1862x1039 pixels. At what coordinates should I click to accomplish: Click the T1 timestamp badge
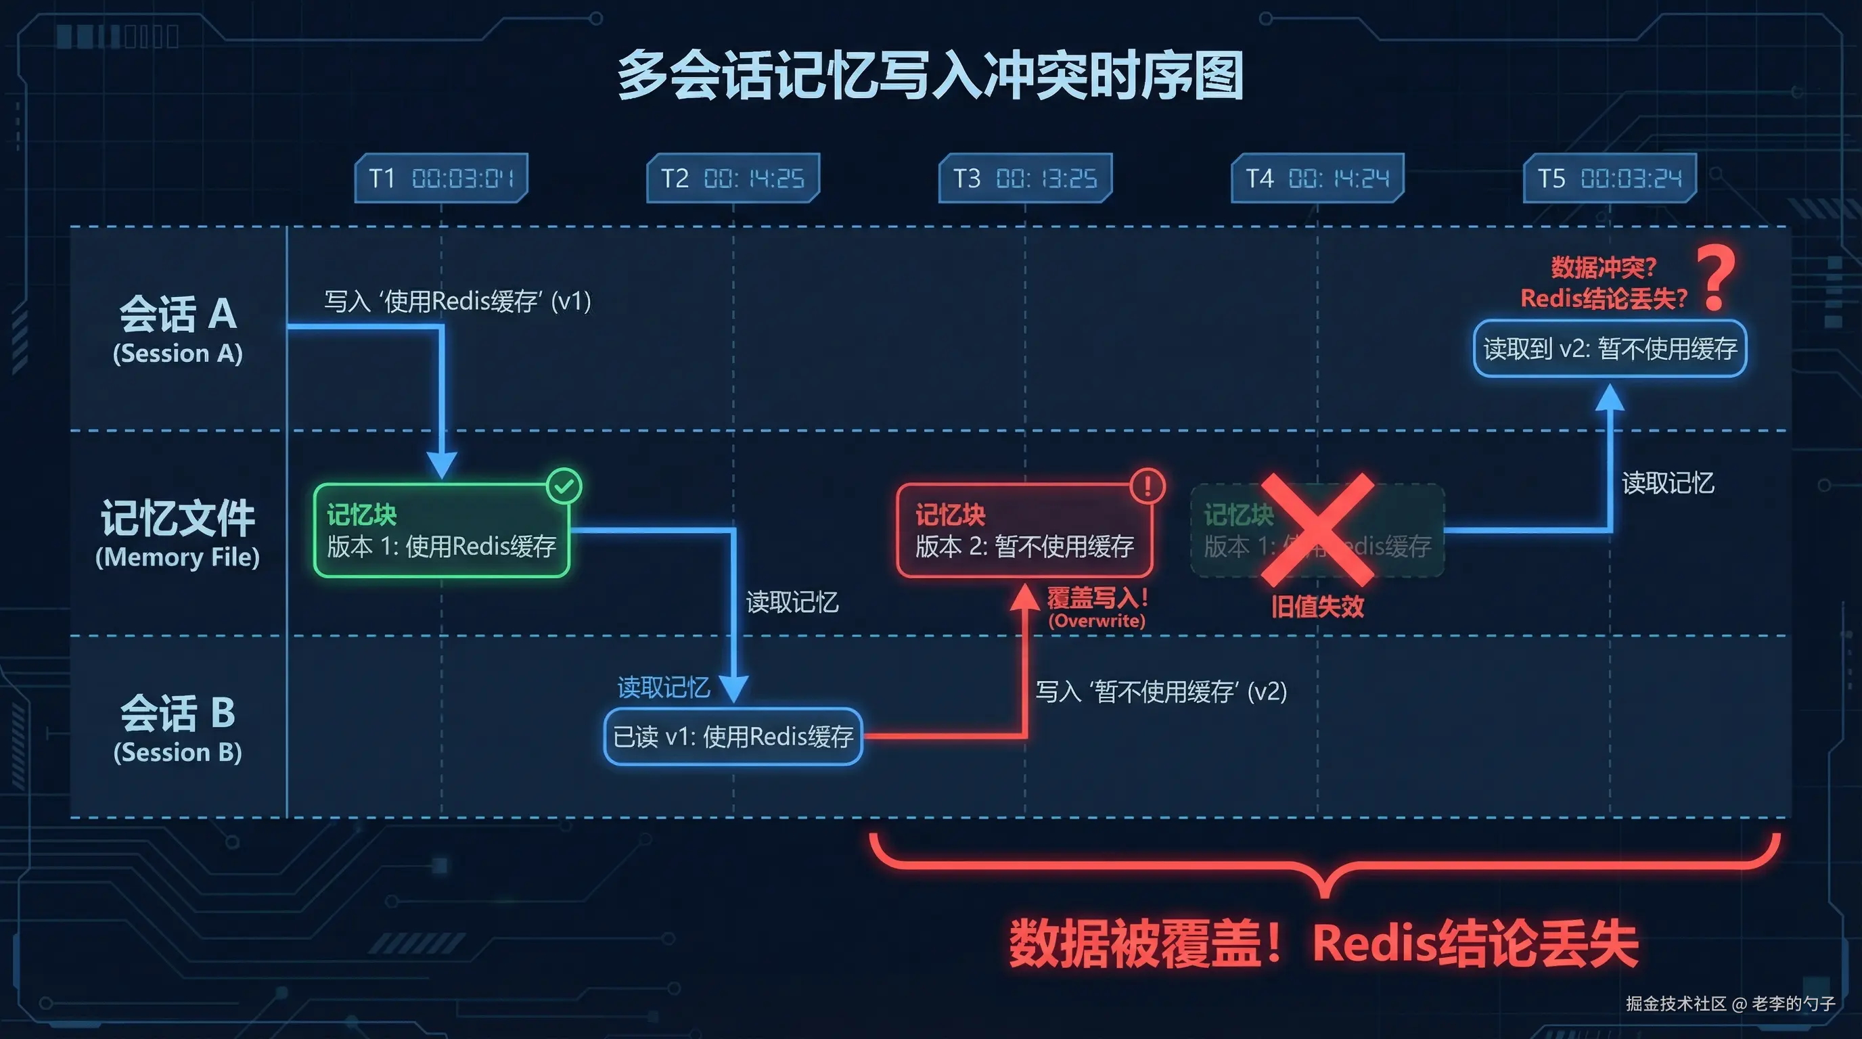pyautogui.click(x=441, y=178)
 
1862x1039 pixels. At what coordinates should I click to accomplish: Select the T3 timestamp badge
pyautogui.click(x=1025, y=178)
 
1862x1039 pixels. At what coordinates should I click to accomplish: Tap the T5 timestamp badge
pyautogui.click(x=1610, y=178)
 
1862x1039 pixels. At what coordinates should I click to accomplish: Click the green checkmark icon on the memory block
pyautogui.click(x=564, y=486)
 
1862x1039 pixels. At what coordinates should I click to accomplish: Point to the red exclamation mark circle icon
pyautogui.click(x=1147, y=486)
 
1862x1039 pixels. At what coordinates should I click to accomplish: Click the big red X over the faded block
pyautogui.click(x=1317, y=530)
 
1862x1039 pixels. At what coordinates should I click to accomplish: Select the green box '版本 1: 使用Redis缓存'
pyautogui.click(x=442, y=530)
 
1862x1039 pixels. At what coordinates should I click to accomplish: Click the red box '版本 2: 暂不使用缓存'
pyautogui.click(x=1024, y=530)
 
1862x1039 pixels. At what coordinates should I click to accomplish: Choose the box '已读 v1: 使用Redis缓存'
pyautogui.click(x=733, y=736)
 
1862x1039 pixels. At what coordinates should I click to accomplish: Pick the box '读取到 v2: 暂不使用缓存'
pyautogui.click(x=1610, y=349)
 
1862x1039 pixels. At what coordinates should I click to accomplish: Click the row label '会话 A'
pyautogui.click(x=178, y=315)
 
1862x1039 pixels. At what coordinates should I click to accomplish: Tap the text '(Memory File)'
pyautogui.click(x=178, y=557)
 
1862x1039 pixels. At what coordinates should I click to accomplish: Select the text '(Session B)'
pyautogui.click(x=178, y=752)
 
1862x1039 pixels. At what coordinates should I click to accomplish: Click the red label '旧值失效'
pyautogui.click(x=1317, y=606)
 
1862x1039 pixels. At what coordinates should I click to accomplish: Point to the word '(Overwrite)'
pyautogui.click(x=1097, y=621)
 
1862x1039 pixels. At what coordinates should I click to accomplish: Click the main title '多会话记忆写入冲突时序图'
pyautogui.click(x=930, y=75)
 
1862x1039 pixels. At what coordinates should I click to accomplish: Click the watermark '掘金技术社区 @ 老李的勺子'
pyautogui.click(x=1729, y=1004)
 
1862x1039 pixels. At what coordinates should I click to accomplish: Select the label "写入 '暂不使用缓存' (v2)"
pyautogui.click(x=1161, y=691)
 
